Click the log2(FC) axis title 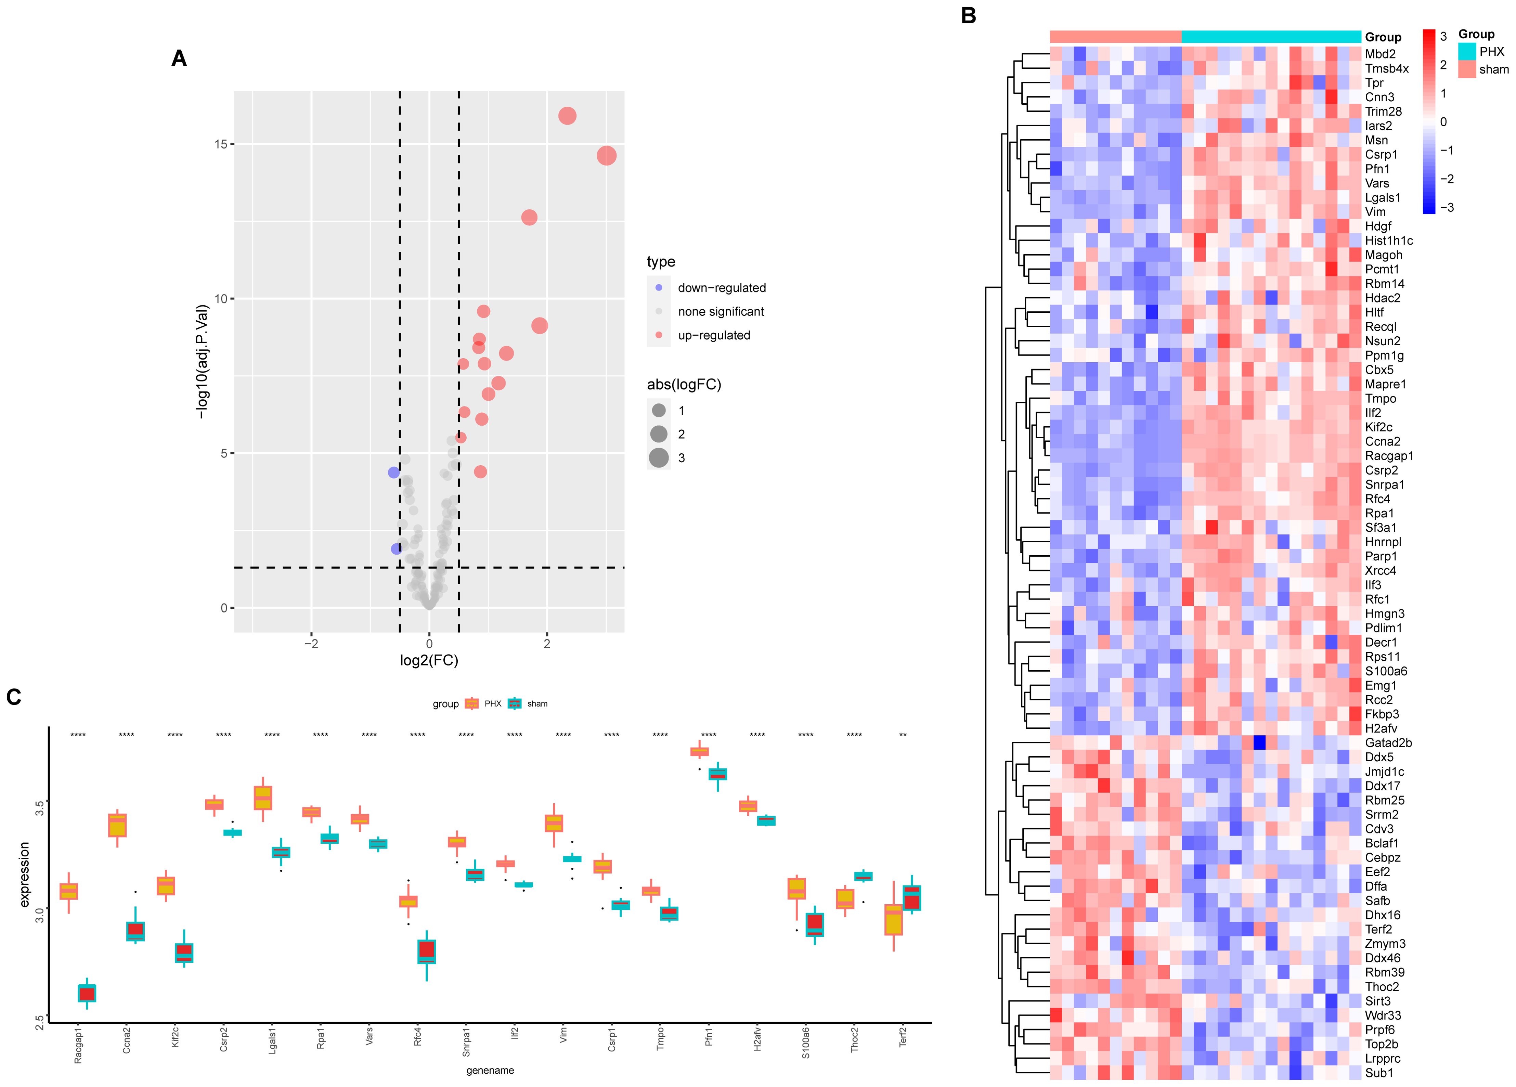point(429,660)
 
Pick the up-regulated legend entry point(713,336)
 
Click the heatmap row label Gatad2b point(1388,743)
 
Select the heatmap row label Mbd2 point(1379,54)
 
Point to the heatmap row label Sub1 point(1378,1073)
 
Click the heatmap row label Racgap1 point(1389,456)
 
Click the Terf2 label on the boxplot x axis point(903,1038)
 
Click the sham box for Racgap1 point(87,993)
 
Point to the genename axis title point(490,1070)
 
